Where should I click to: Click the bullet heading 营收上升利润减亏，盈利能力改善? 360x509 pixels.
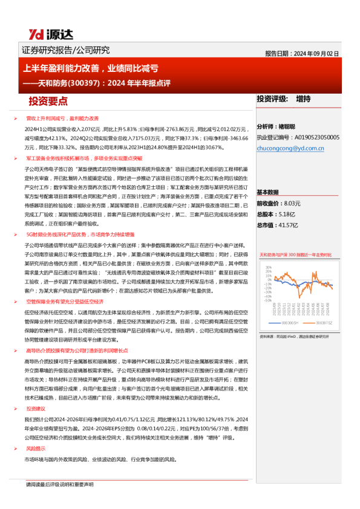click(x=62, y=118)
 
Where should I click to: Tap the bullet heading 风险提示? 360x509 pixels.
click(x=35, y=449)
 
